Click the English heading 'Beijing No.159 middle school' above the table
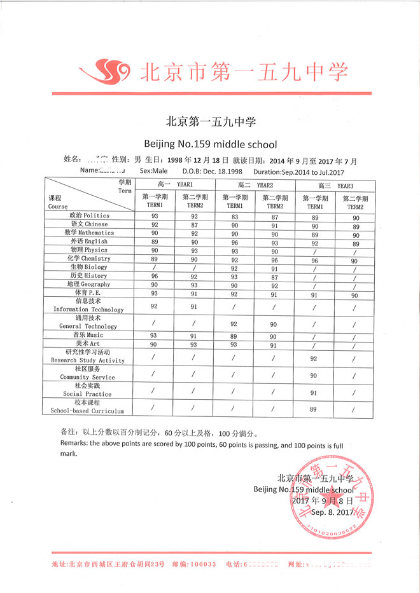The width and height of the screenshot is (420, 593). click(210, 143)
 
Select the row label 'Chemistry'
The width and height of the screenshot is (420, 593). click(88, 259)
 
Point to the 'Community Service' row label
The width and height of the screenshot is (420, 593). click(87, 372)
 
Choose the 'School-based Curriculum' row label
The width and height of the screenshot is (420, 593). click(87, 407)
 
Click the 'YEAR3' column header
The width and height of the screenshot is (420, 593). click(335, 185)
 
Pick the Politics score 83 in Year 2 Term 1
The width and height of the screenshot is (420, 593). click(234, 216)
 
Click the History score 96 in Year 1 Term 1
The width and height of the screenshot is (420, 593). click(154, 276)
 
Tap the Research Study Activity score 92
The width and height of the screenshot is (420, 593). click(313, 358)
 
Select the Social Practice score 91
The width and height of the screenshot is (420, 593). click(313, 393)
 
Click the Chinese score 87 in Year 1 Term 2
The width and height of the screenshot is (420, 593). click(194, 224)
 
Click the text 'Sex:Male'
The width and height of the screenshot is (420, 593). click(153, 171)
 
